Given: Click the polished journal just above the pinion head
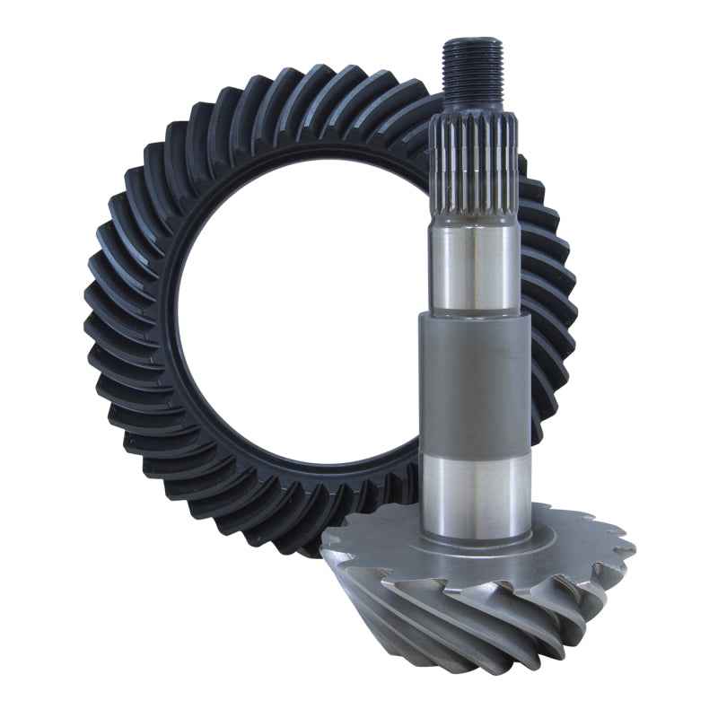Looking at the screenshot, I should [x=474, y=489].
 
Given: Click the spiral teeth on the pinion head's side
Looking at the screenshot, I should [x=467, y=619].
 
